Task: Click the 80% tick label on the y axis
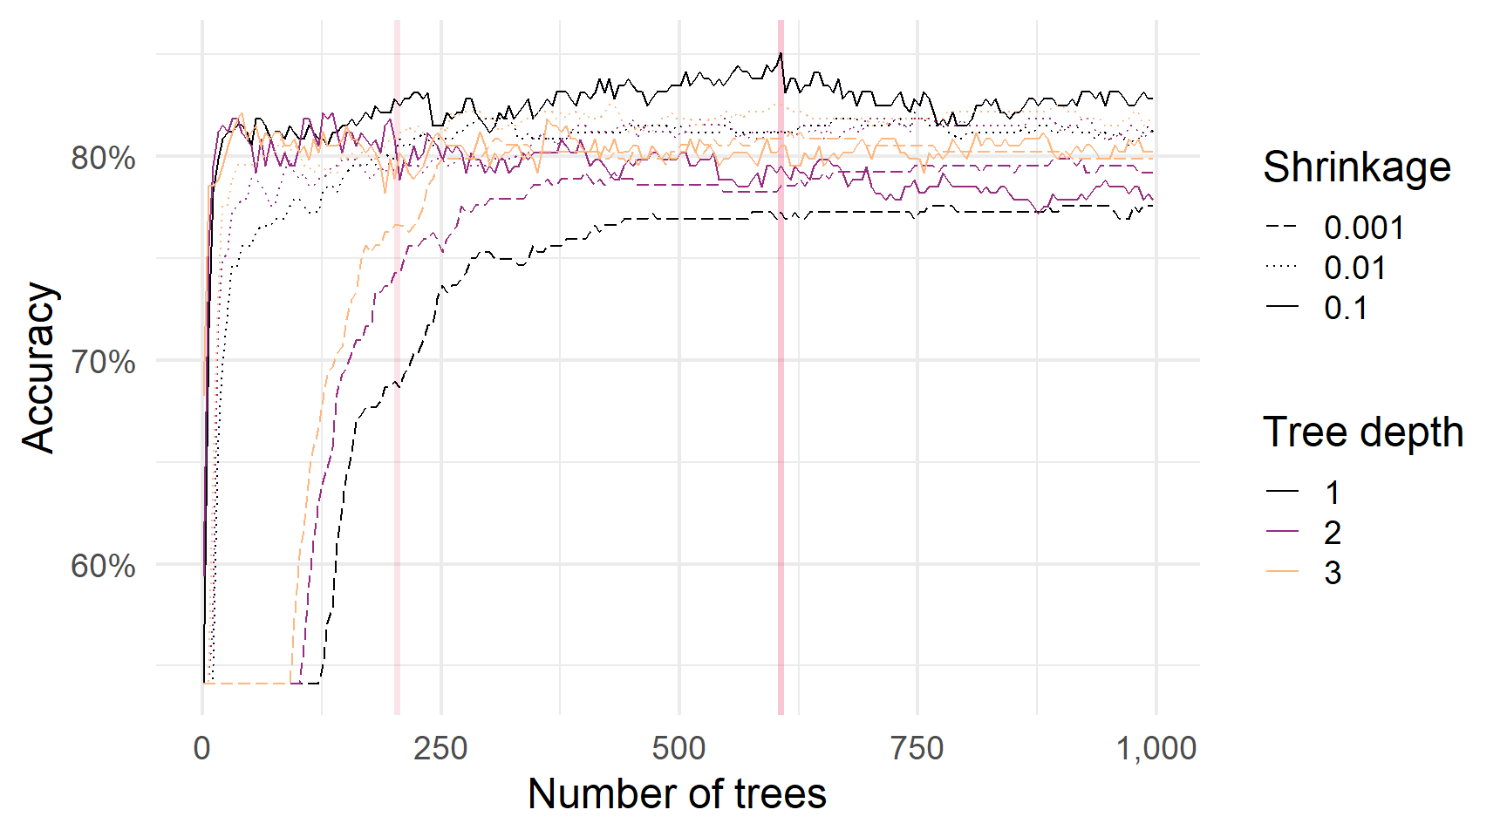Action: [103, 159]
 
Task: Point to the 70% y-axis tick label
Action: [103, 362]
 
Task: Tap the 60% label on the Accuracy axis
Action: [103, 567]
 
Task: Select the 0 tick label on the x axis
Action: [202, 748]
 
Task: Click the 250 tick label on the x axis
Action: [440, 748]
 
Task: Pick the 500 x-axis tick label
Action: [678, 748]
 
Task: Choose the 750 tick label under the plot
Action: [917, 748]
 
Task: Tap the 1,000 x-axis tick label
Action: [1156, 748]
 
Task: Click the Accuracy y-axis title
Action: [39, 367]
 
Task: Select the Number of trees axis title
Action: [677, 794]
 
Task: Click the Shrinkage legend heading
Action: [1357, 167]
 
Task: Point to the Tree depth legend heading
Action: [1363, 432]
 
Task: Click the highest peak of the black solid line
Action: [781, 53]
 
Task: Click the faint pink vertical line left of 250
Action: [397, 366]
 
